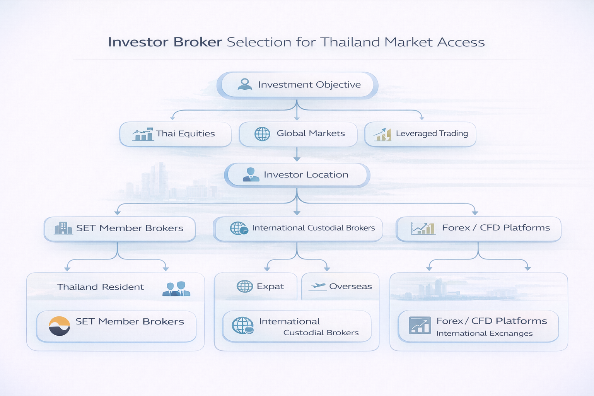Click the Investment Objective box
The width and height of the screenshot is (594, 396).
tap(297, 85)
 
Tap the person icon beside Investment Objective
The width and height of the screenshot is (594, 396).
tap(245, 84)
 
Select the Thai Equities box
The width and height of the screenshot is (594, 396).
tap(175, 134)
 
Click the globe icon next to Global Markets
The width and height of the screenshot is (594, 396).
tap(262, 134)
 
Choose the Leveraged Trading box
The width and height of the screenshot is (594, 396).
tap(420, 134)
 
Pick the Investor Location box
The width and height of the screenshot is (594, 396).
tap(297, 175)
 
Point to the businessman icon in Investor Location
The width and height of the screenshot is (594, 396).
tap(251, 175)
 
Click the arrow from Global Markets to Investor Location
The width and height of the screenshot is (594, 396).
tap(297, 154)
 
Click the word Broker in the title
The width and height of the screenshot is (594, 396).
tap(198, 42)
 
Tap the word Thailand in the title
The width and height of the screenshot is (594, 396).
tap(350, 42)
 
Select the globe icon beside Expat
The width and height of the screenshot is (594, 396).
tap(245, 287)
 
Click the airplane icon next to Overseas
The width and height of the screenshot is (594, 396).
tap(318, 286)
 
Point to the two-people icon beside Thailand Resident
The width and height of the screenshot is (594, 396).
tap(177, 288)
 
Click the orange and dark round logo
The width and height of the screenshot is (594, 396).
tap(60, 326)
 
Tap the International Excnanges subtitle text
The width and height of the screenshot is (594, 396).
tap(484, 333)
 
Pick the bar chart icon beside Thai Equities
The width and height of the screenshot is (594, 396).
tap(143, 134)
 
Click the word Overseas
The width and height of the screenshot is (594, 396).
tap(350, 287)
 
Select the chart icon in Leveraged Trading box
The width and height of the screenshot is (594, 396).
tap(382, 134)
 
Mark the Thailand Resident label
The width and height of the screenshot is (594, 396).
tap(101, 287)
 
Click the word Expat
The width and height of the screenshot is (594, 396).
tap(270, 287)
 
